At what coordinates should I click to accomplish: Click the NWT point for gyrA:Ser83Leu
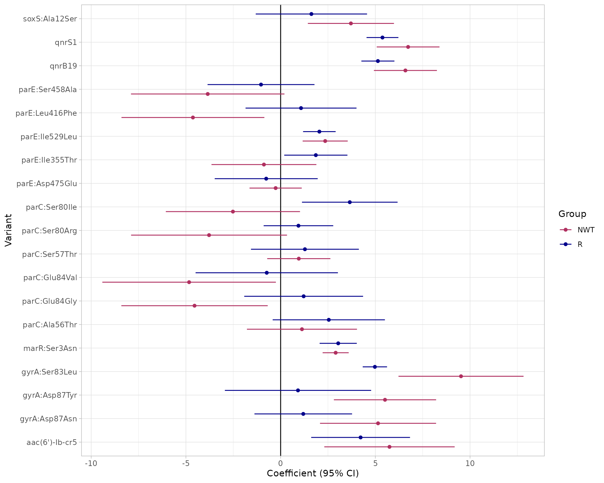(461, 376)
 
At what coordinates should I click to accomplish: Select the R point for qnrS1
(382, 38)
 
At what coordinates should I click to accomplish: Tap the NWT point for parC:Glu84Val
(189, 282)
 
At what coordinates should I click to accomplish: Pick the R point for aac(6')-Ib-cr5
(361, 437)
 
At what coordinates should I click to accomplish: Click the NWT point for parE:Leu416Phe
(193, 118)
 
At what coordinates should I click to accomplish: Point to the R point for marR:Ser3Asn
(338, 343)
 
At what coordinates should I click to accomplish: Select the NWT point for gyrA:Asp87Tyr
(385, 400)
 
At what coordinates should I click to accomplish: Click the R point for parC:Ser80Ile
(350, 202)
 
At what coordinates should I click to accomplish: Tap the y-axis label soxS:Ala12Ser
(50, 19)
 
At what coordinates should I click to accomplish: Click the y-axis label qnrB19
(63, 66)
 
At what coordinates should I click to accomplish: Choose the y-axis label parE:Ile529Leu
(49, 136)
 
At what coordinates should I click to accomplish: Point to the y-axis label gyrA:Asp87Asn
(48, 419)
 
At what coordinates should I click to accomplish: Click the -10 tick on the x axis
(91, 464)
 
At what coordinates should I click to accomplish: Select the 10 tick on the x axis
(470, 464)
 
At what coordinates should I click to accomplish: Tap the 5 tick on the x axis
(375, 464)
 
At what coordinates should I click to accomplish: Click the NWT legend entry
(586, 230)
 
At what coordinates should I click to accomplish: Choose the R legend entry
(580, 244)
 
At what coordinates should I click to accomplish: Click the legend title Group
(572, 214)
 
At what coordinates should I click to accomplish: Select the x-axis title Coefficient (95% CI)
(313, 474)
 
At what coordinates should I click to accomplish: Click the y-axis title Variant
(8, 230)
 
